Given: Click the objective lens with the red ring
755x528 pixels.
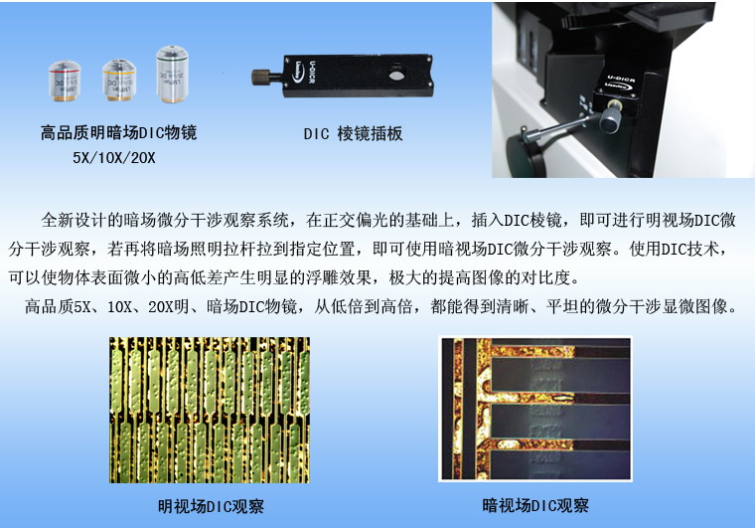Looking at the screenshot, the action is pos(65,81).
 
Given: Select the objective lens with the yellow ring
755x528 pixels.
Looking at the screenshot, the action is pos(119,80).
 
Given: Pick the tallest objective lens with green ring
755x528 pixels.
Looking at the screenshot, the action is pos(173,74).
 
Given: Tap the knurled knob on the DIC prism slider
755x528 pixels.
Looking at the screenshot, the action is pos(261,78).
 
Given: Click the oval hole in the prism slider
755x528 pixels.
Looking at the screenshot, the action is pos(395,76).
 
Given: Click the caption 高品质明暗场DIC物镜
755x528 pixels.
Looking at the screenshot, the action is pos(118,132).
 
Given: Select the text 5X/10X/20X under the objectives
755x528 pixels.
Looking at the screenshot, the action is pos(114,157).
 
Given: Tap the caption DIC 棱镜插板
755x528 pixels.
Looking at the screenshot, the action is pos(353,133).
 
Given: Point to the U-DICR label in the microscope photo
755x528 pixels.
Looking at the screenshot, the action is pos(621,78).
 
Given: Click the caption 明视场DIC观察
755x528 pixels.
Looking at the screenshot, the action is pos(211,506).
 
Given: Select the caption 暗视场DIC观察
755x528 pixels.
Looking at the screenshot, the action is pos(535,505).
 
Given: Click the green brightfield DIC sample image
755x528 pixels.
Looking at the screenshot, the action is pos(210,410).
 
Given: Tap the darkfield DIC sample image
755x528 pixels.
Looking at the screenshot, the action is pos(535,409).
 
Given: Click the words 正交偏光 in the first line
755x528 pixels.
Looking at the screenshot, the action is pos(356,220).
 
